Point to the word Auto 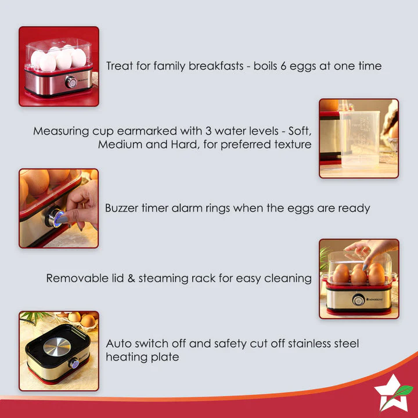click(x=118, y=344)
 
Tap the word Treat click(x=120, y=66)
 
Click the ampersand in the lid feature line click(x=132, y=278)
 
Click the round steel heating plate click(x=57, y=346)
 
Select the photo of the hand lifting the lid click(x=359, y=279)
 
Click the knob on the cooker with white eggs click(x=71, y=82)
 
